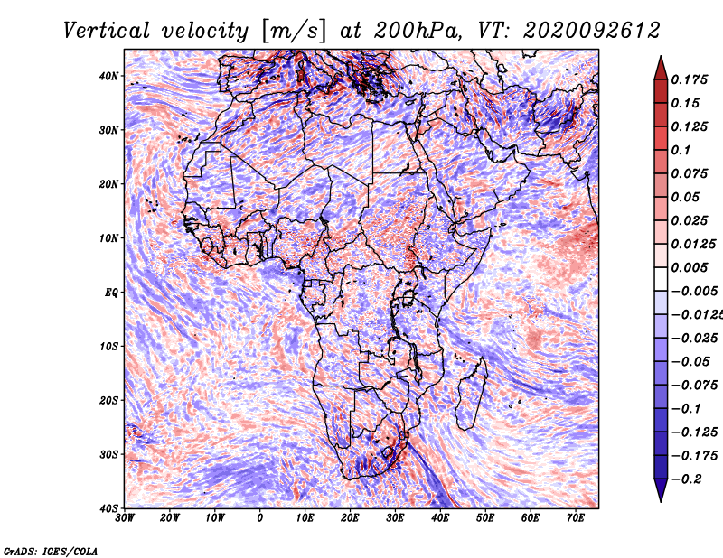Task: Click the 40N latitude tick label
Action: (108, 76)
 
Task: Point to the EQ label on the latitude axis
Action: (111, 293)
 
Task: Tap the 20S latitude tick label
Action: (108, 400)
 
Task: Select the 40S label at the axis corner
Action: (108, 508)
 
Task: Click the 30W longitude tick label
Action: (125, 518)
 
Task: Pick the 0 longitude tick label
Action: (260, 518)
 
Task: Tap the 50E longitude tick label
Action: (485, 518)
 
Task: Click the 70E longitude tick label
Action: (575, 518)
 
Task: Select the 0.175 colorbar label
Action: (689, 79)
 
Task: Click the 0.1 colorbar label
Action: (681, 150)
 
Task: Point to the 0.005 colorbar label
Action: (689, 267)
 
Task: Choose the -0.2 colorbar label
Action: (686, 479)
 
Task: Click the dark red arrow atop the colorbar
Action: (661, 70)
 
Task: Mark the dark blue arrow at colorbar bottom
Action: (661, 489)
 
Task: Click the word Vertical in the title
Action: (107, 31)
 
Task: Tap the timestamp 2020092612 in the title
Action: (592, 31)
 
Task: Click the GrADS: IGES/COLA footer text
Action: (51, 551)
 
